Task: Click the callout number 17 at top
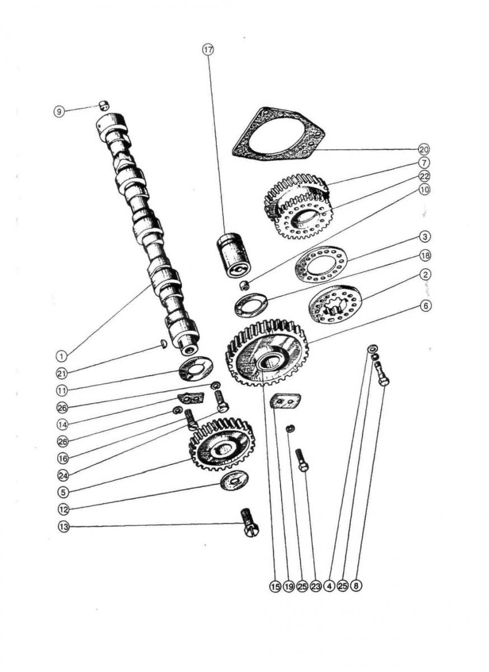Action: pyautogui.click(x=208, y=50)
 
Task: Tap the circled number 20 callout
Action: pyautogui.click(x=424, y=149)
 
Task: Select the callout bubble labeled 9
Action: pyautogui.click(x=59, y=112)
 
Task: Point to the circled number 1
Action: pyautogui.click(x=62, y=356)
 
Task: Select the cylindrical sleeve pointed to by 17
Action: pyautogui.click(x=233, y=256)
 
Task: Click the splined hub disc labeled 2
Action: pyautogui.click(x=335, y=304)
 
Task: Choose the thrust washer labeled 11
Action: pyautogui.click(x=196, y=368)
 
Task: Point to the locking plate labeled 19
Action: pyautogui.click(x=286, y=401)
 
